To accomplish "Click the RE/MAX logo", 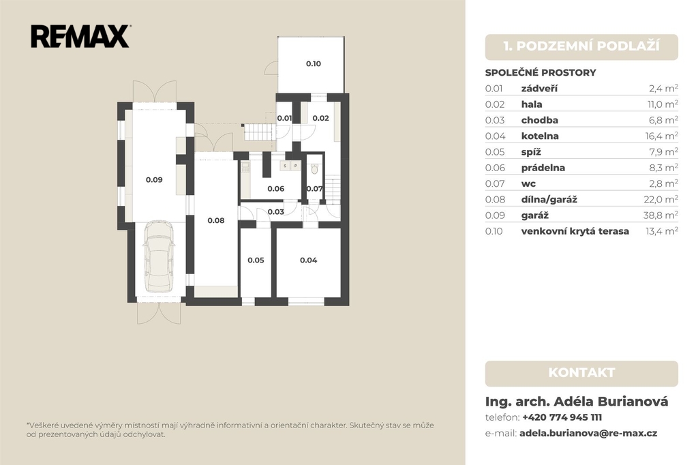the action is [80, 37].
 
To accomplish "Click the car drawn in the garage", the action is [158, 256].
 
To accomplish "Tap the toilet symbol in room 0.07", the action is [315, 169].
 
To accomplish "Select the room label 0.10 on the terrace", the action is [314, 63].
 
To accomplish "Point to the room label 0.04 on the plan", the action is [309, 260].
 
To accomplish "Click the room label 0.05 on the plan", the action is [256, 260].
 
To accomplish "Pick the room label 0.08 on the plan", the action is [216, 220].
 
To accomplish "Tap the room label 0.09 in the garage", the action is [154, 180].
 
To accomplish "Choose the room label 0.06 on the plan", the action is [276, 189].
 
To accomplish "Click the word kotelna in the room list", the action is [540, 136].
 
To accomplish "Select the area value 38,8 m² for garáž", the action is [661, 215].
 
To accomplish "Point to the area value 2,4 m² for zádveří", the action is [663, 88].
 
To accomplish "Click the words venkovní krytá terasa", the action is [575, 231].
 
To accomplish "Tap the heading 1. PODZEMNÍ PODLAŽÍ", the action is [581, 46].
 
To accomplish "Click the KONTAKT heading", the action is [581, 373].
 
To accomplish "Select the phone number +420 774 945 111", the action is [562, 417].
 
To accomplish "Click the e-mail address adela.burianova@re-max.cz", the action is [588, 434].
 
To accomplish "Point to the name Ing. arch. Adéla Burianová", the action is [577, 402].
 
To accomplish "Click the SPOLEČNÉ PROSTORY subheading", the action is [541, 72].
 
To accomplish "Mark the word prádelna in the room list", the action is [543, 168].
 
